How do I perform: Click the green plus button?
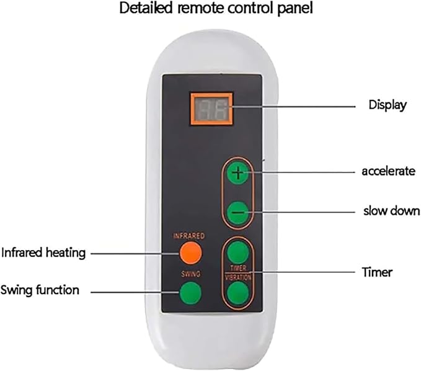(x=238, y=174)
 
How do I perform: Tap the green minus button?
(x=238, y=212)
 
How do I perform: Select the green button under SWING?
(x=190, y=292)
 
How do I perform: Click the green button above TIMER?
(x=238, y=253)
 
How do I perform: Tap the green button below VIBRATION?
(x=238, y=293)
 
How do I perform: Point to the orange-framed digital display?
(x=211, y=109)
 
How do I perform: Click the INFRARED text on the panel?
(x=189, y=236)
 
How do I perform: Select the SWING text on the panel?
(x=190, y=274)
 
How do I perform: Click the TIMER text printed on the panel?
(x=238, y=268)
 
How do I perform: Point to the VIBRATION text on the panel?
(x=238, y=277)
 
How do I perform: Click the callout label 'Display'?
(x=388, y=105)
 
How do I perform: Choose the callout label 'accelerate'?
(x=389, y=171)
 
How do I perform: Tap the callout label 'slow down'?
(x=391, y=210)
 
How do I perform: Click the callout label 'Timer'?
(x=377, y=272)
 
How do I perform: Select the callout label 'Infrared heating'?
(x=43, y=253)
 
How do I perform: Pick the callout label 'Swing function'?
(x=40, y=290)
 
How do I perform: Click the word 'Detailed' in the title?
(x=146, y=8)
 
